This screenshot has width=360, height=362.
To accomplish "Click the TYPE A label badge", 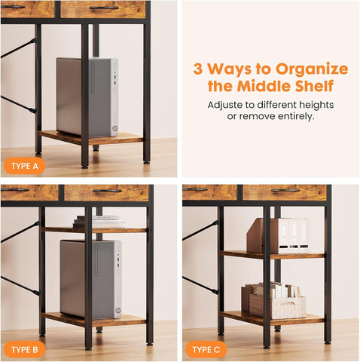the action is point(25,166).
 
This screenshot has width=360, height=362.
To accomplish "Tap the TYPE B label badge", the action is point(25,349).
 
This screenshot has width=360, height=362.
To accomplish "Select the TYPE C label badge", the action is point(206,349).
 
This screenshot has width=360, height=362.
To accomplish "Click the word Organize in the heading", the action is point(312,69).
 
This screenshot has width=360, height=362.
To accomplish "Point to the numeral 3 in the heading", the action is point(198,69).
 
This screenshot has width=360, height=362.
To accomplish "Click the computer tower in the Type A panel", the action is point(87,97).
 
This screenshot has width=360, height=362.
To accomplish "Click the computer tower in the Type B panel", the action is point(91,280).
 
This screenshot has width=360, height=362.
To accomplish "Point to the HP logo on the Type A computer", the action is point(114,129).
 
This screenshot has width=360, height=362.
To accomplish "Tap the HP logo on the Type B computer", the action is point(118,311).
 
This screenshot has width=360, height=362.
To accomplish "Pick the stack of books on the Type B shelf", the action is point(99,222).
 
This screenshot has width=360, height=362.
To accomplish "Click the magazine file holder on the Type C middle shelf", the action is point(277,236).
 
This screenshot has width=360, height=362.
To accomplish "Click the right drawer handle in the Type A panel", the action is point(104,8).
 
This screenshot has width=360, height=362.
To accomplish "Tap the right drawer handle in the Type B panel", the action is point(108,191).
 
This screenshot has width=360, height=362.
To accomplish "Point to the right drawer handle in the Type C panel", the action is point(285,190).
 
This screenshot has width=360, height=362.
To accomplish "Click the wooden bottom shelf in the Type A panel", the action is point(90,138).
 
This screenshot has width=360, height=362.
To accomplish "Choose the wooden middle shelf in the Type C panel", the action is point(273,255).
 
